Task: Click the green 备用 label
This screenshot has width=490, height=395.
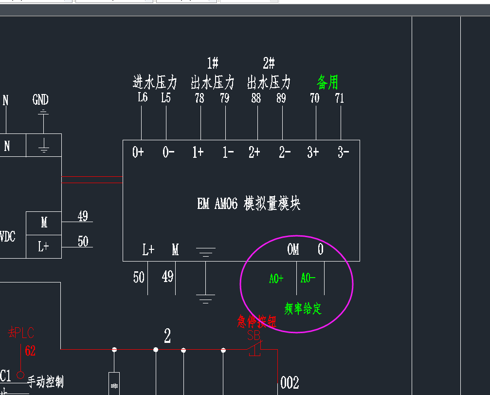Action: click(327, 82)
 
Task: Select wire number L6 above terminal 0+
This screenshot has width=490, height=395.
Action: click(142, 97)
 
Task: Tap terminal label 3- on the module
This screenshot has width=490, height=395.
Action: click(343, 152)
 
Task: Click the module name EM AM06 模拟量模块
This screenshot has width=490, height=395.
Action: click(249, 203)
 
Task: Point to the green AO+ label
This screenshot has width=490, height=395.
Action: click(276, 279)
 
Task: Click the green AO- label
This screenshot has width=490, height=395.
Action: click(308, 278)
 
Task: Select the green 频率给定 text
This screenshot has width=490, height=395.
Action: click(303, 308)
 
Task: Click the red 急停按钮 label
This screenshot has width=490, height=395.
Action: click(257, 321)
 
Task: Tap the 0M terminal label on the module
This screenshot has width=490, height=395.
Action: click(293, 249)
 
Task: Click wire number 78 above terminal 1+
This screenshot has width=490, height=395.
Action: click(200, 98)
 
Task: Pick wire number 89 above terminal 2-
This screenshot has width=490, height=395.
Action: click(281, 98)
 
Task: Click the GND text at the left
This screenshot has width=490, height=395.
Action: click(40, 100)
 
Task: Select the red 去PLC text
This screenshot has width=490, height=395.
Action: click(21, 333)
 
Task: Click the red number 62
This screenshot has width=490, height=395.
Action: click(30, 351)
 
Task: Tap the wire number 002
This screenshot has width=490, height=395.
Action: click(290, 383)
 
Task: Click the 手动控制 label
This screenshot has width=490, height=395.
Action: click(45, 382)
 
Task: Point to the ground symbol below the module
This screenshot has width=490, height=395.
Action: click(206, 297)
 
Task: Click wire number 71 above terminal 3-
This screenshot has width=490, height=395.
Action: click(340, 98)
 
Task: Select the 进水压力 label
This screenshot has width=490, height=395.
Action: click(155, 82)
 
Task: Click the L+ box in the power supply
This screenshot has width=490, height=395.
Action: click(44, 247)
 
